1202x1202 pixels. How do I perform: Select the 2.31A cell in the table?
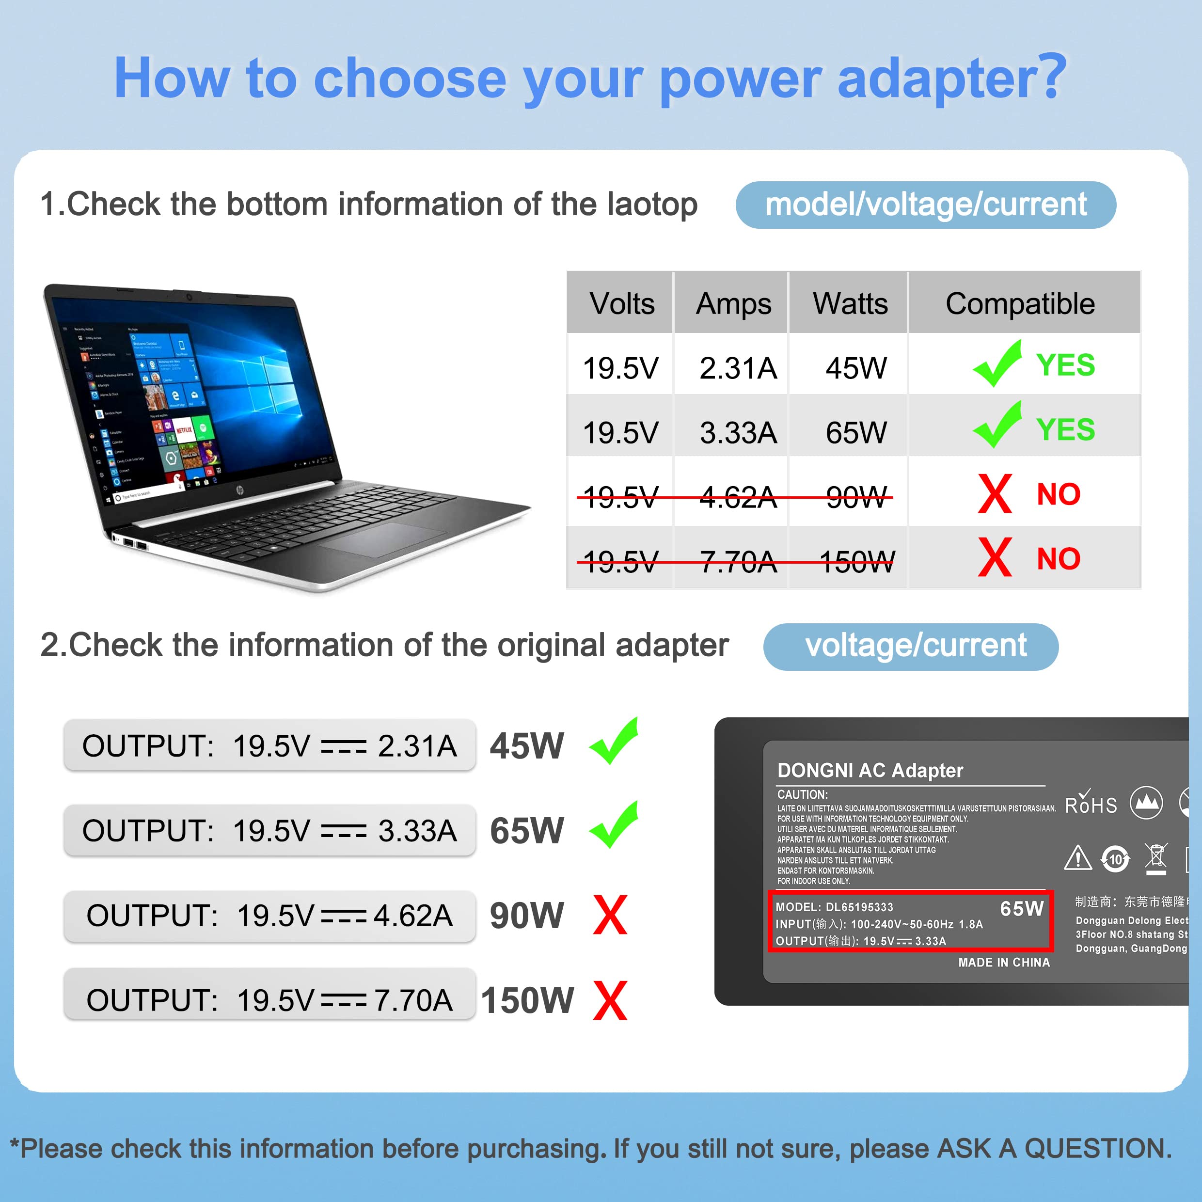(x=738, y=368)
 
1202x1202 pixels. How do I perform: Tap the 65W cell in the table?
(x=856, y=432)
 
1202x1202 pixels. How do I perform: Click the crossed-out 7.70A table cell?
(x=738, y=562)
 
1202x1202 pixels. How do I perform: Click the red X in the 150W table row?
(x=995, y=557)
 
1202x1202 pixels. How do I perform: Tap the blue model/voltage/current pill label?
(x=926, y=205)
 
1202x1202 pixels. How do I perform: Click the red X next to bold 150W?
(x=610, y=1000)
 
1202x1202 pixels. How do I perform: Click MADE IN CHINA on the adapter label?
(x=1004, y=963)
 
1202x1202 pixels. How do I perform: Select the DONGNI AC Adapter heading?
(x=870, y=771)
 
